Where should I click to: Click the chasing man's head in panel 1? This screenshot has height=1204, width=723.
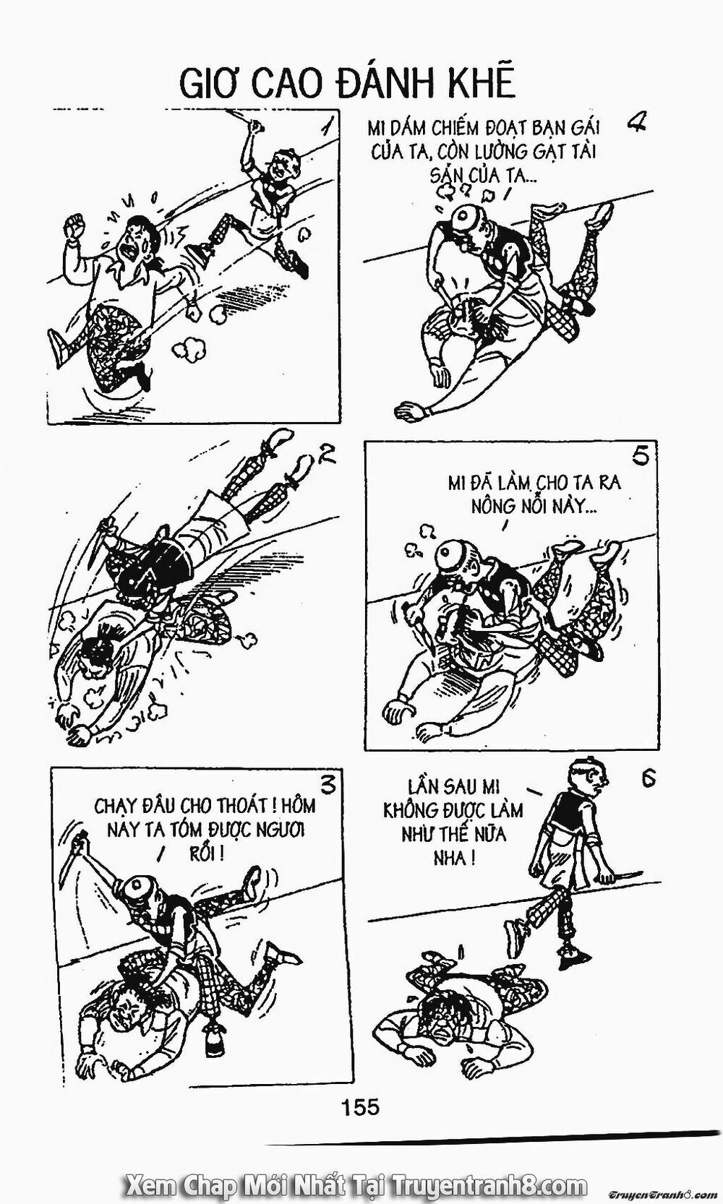click(x=274, y=172)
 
